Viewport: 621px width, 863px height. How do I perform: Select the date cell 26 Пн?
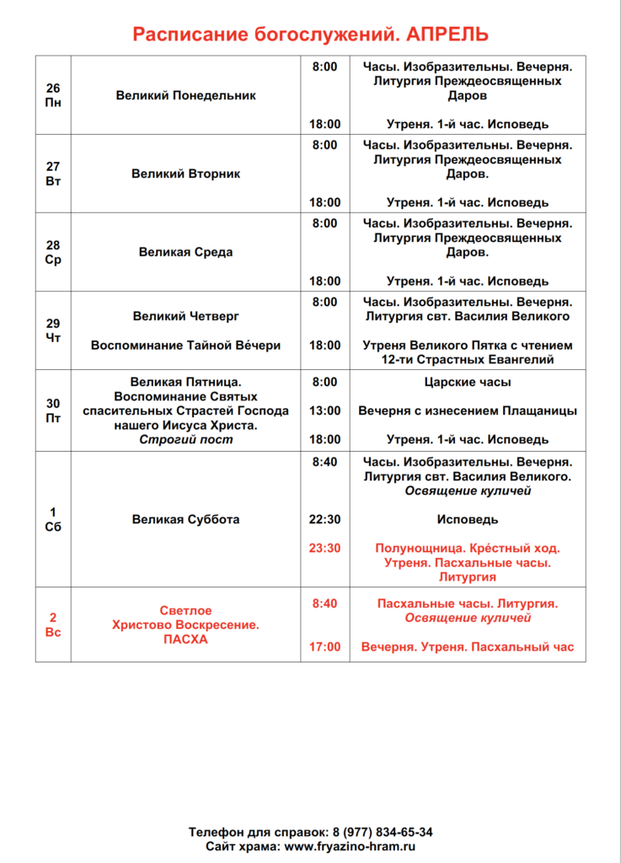[53, 95]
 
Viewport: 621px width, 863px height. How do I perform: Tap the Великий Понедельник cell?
[185, 95]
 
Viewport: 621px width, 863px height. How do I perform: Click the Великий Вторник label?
[185, 174]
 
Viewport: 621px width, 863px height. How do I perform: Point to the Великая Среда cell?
[185, 252]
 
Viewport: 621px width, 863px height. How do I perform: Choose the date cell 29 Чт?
[53, 330]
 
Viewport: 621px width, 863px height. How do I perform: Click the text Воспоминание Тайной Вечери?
[185, 345]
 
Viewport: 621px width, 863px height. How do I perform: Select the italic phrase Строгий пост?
[185, 439]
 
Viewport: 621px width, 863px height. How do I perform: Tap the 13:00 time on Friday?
[325, 410]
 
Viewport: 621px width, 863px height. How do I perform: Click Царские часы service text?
[468, 382]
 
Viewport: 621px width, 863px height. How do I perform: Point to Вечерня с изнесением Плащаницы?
[468, 410]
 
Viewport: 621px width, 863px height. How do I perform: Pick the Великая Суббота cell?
[185, 519]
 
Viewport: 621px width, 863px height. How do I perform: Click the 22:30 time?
[325, 519]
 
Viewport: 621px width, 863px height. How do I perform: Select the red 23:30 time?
[325, 548]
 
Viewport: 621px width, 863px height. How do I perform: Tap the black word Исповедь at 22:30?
[468, 519]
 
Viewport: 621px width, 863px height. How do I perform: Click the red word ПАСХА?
[185, 640]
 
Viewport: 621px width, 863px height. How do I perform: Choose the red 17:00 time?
[325, 646]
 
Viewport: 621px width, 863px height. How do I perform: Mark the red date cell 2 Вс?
[53, 624]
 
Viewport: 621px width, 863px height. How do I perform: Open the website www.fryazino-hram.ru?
[350, 846]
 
